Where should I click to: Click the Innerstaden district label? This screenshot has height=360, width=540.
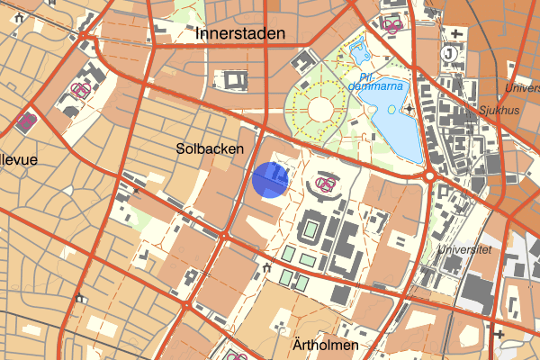(239, 34)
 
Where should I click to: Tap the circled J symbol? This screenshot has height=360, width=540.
(449, 52)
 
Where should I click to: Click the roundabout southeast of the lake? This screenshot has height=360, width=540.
(430, 176)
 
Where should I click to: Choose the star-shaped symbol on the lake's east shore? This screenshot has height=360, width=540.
(409, 109)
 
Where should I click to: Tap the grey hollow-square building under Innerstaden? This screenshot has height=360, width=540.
(235, 79)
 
